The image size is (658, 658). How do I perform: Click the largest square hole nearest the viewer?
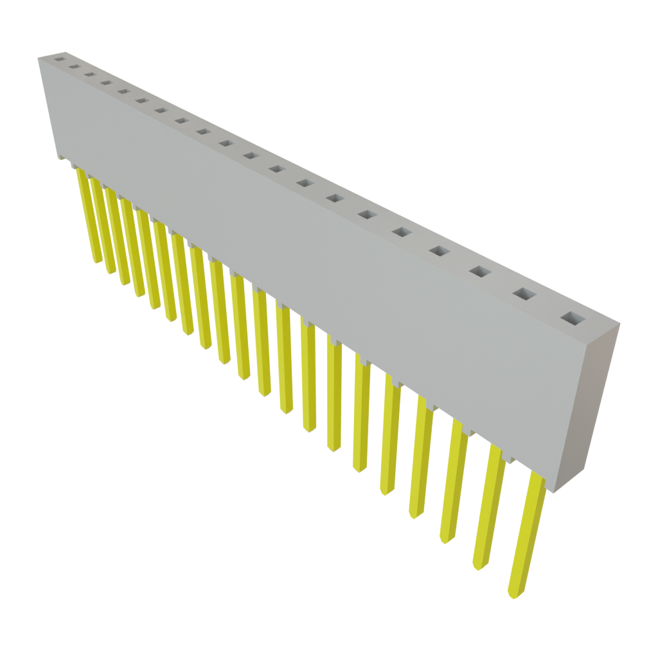pyautogui.click(x=571, y=318)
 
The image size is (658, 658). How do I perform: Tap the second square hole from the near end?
pyautogui.click(x=524, y=294)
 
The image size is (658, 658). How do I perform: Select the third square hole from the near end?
pyautogui.click(x=479, y=272)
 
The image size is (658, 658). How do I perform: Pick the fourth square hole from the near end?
pyautogui.click(x=439, y=251)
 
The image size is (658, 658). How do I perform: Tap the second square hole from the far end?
pyautogui.click(x=74, y=66)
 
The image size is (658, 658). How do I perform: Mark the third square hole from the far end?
pyautogui.click(x=89, y=74)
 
